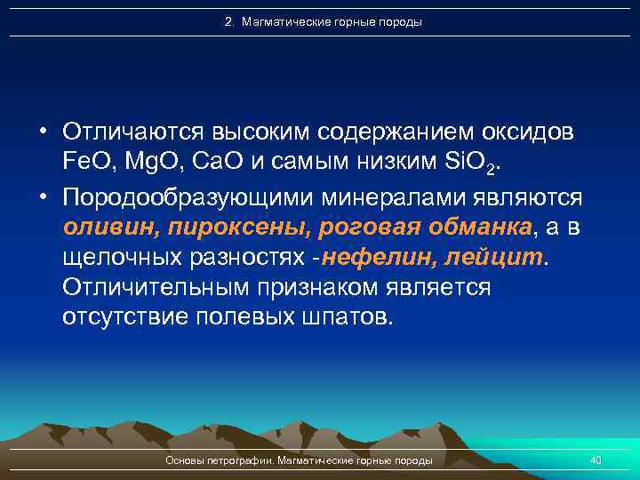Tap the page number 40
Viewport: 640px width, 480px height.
click(x=596, y=460)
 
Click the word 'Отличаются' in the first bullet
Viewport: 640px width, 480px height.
click(x=133, y=132)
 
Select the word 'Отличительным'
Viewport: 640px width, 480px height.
click(x=159, y=288)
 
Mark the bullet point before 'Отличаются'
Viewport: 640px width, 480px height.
click(x=43, y=132)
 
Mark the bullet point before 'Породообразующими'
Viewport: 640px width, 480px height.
click(x=43, y=195)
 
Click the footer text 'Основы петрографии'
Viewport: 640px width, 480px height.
click(x=220, y=460)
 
